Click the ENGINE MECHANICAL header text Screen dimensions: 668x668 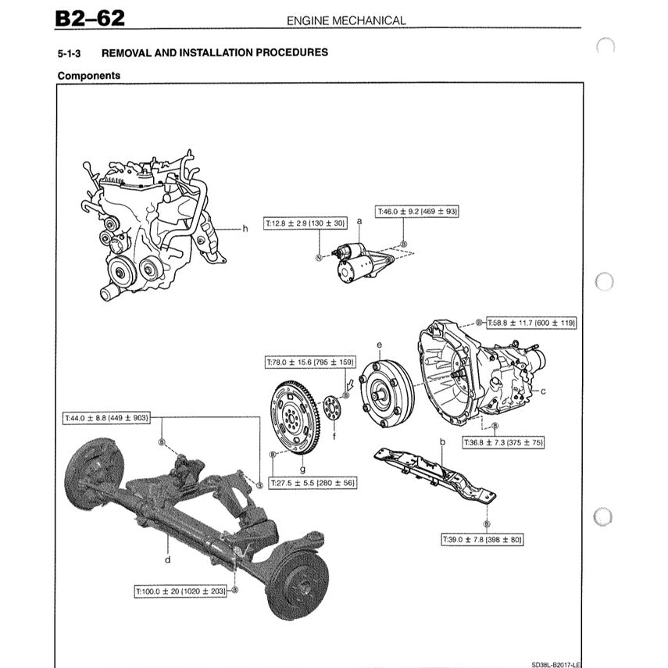(x=346, y=20)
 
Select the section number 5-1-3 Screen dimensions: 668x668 (x=71, y=53)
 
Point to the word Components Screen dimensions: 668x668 (x=89, y=76)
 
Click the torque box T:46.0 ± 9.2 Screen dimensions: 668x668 (x=417, y=211)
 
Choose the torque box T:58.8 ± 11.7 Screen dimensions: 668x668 (x=531, y=322)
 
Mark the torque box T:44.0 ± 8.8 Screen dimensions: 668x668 (x=106, y=418)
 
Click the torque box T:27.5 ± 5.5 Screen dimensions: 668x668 (x=313, y=484)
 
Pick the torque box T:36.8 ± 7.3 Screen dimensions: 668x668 (x=503, y=442)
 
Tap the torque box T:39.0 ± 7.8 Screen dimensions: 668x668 (x=483, y=540)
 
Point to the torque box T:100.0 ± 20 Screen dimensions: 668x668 (x=180, y=591)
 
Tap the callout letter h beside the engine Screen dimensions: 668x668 (x=245, y=229)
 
